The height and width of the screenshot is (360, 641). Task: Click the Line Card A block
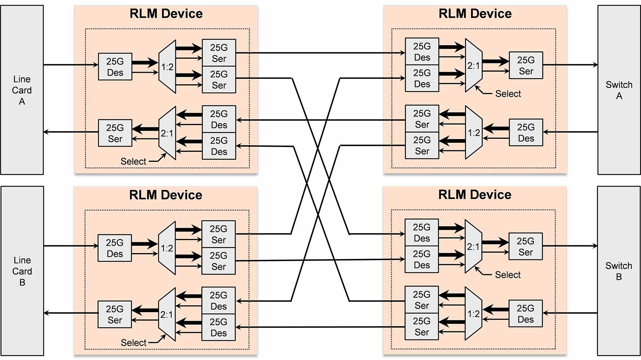[x=22, y=90]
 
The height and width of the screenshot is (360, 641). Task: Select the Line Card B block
[x=22, y=271]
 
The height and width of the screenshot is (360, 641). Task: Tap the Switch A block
[x=619, y=90]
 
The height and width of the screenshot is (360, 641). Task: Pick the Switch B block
[x=618, y=271]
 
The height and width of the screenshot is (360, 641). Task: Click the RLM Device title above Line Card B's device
[x=165, y=195]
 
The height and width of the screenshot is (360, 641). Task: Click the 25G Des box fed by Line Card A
[x=115, y=67]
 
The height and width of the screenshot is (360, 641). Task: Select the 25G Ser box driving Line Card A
[x=115, y=133]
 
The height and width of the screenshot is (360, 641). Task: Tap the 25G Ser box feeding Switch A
[x=526, y=65]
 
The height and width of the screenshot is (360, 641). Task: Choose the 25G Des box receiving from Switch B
[x=525, y=314]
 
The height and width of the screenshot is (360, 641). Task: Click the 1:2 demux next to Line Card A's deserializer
[x=167, y=67]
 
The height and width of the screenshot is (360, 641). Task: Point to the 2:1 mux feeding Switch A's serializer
[x=473, y=66]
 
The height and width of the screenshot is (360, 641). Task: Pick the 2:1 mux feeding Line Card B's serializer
[x=167, y=314]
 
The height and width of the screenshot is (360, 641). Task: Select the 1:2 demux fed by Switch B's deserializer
[x=473, y=314]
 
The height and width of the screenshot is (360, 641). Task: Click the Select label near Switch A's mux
[x=508, y=94]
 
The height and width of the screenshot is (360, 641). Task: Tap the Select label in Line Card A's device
[x=133, y=161]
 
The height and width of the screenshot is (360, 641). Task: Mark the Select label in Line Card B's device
[x=134, y=343]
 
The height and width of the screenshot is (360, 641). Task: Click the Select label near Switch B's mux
[x=507, y=275]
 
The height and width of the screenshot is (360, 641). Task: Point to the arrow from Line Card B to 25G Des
[x=70, y=246]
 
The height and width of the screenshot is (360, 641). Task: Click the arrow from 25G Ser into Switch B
[x=570, y=246]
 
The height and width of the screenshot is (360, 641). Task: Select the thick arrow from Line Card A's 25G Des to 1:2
[x=145, y=62]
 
